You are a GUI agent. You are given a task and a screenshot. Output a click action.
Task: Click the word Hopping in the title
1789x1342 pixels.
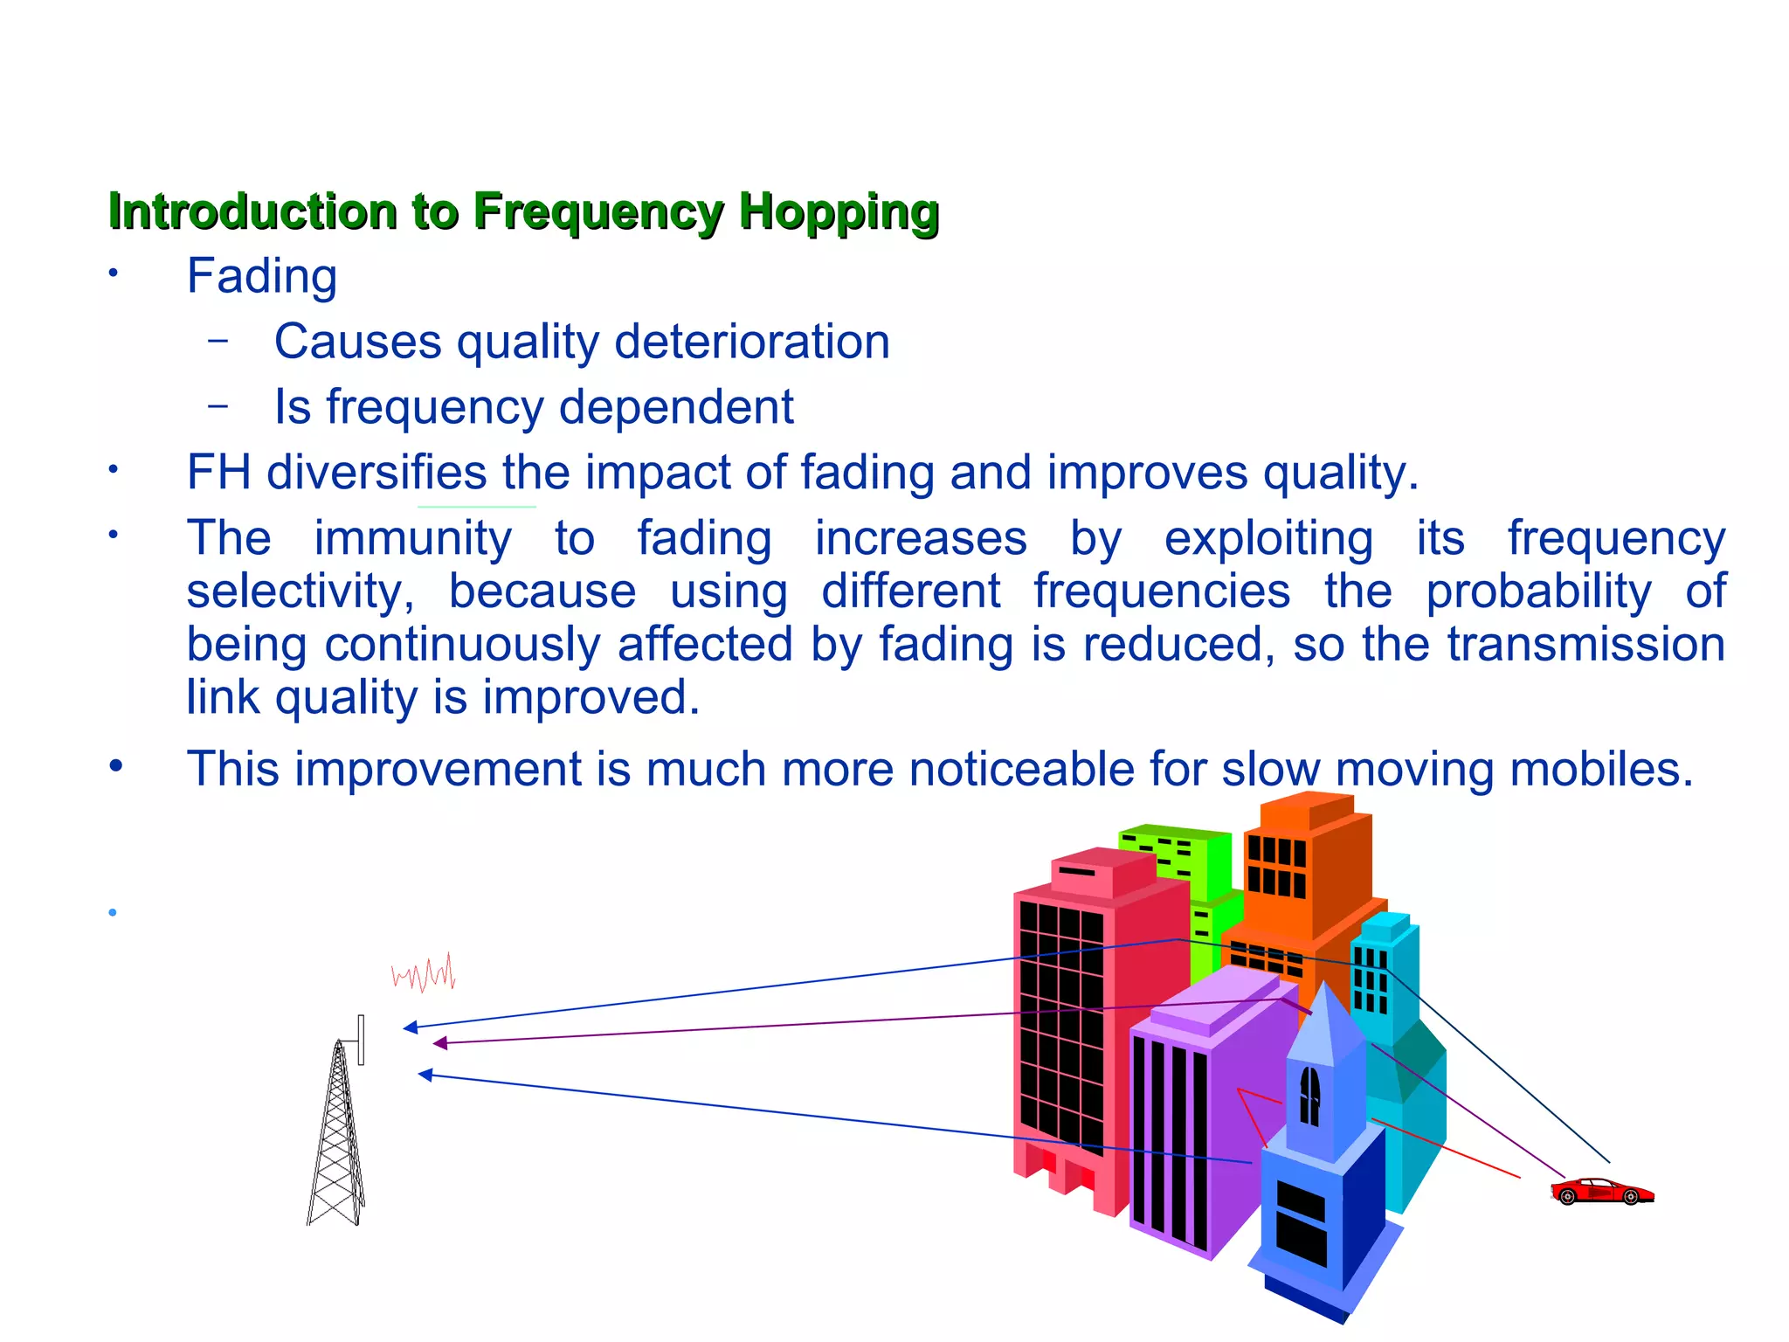click(x=839, y=212)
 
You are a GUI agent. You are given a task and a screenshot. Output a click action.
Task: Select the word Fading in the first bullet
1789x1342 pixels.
click(x=262, y=277)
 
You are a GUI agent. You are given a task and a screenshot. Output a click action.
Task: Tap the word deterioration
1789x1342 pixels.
click(x=752, y=342)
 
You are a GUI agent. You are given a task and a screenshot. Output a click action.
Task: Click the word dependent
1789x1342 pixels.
click(x=676, y=407)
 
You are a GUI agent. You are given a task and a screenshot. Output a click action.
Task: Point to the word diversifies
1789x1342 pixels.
click(x=376, y=473)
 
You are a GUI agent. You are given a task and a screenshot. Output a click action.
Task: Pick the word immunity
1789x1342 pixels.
click(x=412, y=538)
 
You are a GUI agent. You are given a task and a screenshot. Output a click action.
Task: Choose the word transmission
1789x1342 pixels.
click(x=1585, y=645)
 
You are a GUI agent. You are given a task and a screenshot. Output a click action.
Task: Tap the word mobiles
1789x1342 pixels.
click(x=1601, y=770)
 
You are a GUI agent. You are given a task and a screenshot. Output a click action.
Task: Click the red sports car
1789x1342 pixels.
click(x=1601, y=1191)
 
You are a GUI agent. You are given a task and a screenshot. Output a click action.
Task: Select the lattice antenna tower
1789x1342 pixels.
click(x=336, y=1136)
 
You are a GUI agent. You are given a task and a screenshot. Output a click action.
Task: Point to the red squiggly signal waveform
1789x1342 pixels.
click(x=424, y=973)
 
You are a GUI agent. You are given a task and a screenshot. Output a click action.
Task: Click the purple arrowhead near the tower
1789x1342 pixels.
click(x=440, y=1042)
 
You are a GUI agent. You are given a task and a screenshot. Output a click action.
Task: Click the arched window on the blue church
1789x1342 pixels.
click(x=1309, y=1096)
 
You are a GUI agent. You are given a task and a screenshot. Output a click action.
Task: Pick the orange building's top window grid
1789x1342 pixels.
click(x=1275, y=865)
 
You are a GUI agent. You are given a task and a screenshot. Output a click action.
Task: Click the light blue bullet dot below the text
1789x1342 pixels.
click(x=113, y=913)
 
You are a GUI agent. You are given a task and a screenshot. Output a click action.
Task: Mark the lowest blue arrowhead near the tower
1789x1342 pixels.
click(x=425, y=1075)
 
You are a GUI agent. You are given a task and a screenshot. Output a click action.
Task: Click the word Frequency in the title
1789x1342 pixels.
click(x=598, y=212)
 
